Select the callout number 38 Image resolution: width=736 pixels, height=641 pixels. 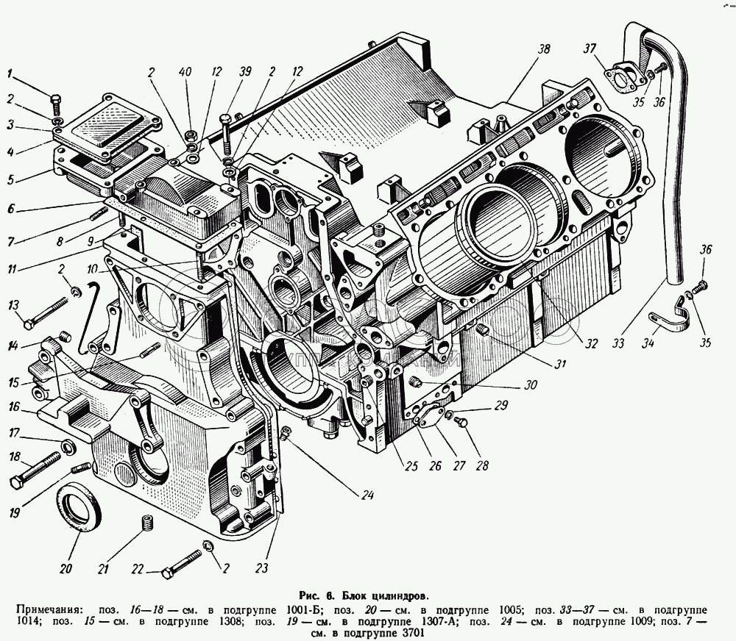tap(543, 49)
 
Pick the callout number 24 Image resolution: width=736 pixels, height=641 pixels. tap(367, 495)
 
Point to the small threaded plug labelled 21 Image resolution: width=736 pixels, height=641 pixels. tap(146, 525)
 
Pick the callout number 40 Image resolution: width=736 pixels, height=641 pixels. tap(185, 72)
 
